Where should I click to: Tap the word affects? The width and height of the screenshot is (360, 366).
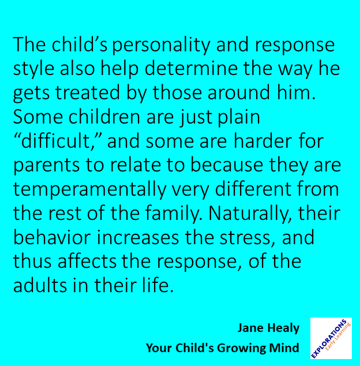[88, 262]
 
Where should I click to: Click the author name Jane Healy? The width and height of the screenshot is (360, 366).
[268, 328]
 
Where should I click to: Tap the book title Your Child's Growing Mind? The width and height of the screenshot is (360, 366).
[223, 348]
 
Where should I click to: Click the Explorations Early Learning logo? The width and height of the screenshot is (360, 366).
[332, 339]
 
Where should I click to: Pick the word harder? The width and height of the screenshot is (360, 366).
[269, 142]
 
